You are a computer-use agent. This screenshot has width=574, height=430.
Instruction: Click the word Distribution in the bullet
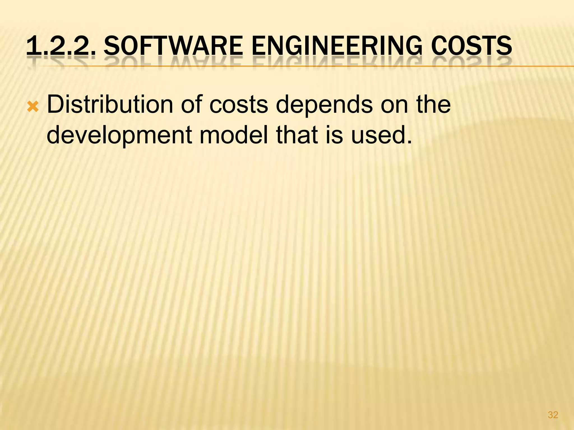pos(110,105)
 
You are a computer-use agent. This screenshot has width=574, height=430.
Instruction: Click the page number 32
pos(553,415)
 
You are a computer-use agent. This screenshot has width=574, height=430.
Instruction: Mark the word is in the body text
pos(334,135)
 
